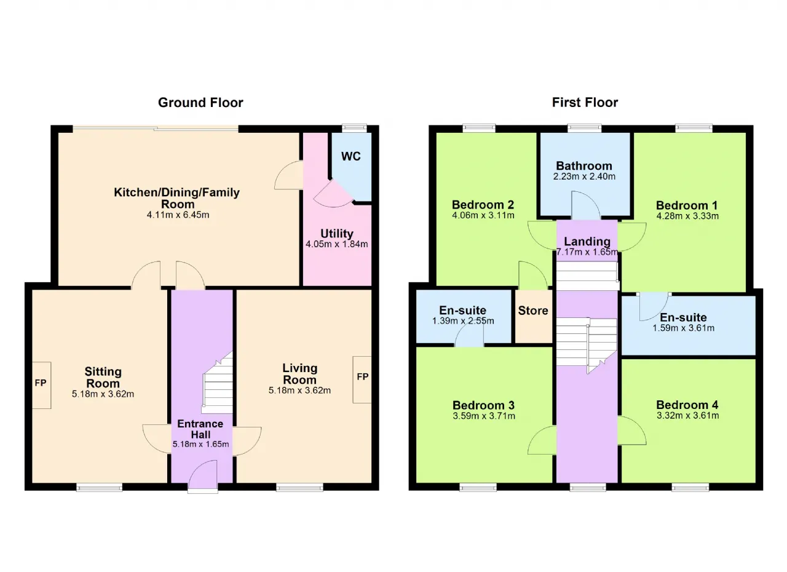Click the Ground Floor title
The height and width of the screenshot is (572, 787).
click(200, 103)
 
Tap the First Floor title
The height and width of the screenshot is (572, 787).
click(585, 102)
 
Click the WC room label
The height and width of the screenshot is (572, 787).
click(350, 156)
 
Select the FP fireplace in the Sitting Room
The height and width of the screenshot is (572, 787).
click(41, 385)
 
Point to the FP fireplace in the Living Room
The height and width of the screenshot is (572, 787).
click(362, 379)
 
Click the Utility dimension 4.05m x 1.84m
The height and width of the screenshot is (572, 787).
click(336, 244)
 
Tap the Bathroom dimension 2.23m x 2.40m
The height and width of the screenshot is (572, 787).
click(584, 177)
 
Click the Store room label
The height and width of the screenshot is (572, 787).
click(533, 311)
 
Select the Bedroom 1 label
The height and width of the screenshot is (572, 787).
click(687, 205)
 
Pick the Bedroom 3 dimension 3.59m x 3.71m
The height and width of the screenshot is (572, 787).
click(484, 416)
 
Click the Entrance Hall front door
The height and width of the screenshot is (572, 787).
click(203, 476)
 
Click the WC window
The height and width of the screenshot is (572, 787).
click(355, 128)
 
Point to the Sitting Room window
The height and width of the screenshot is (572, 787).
click(100, 487)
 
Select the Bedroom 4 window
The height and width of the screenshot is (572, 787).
click(690, 487)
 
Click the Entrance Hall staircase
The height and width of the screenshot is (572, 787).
click(218, 383)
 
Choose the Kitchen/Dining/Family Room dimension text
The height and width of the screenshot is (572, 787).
click(178, 215)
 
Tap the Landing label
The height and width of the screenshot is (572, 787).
click(587, 241)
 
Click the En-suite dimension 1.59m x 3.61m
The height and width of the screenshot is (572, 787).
click(683, 328)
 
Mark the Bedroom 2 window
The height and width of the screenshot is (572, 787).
click(479, 128)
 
